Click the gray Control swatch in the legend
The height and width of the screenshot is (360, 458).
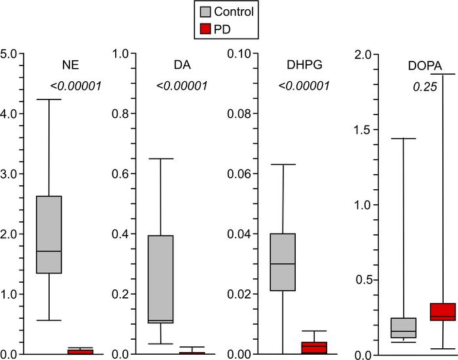(205, 11)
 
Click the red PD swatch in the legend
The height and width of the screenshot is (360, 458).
(205, 28)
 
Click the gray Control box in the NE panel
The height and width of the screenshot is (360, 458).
(48, 234)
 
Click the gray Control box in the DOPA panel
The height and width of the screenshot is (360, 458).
(403, 328)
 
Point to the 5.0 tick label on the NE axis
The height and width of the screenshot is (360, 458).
(11, 54)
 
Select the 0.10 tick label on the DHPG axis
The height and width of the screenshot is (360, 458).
(240, 54)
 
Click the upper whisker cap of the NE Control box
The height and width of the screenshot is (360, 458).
(48, 99)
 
